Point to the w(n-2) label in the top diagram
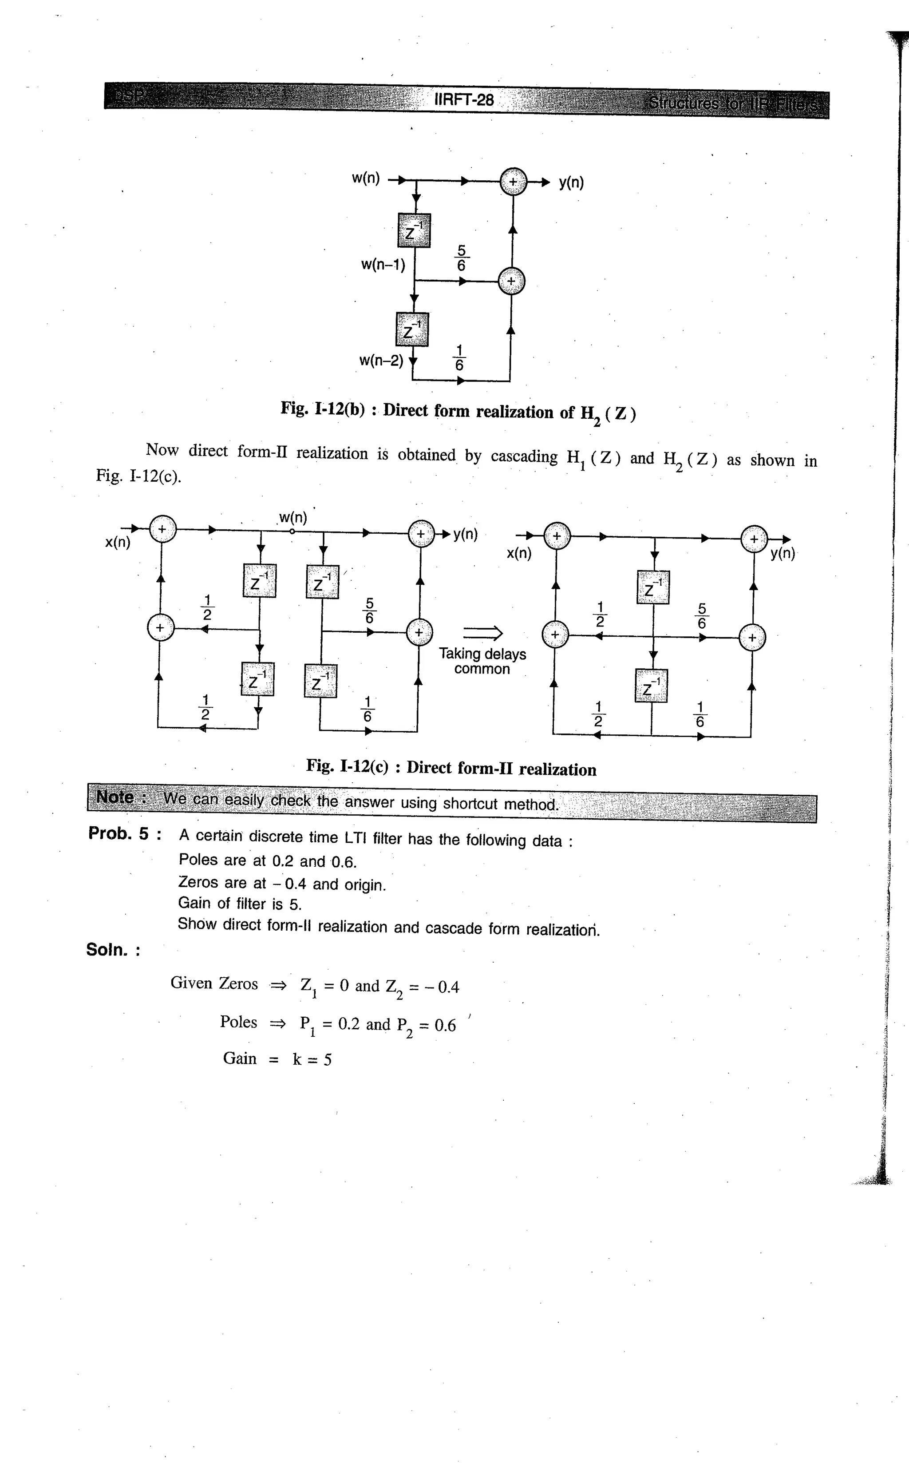381,361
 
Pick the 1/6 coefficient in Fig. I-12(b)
459,357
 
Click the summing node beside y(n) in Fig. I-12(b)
513,182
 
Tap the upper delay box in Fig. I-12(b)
414,230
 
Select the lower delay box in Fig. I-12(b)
412,329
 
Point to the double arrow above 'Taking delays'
482,632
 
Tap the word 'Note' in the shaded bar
115,797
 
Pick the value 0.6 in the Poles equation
445,1025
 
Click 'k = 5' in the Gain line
312,1059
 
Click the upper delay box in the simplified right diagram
652,587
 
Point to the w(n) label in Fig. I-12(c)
293,518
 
